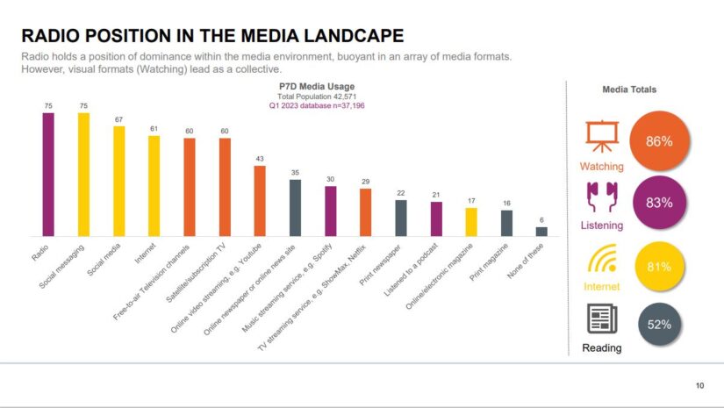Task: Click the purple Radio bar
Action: pos(48,174)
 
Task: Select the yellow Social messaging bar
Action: pos(83,174)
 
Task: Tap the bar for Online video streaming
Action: pos(260,200)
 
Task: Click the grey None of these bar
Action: pos(541,231)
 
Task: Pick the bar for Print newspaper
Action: pos(400,218)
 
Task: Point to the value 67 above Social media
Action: pos(118,118)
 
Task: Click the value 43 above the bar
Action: pos(260,158)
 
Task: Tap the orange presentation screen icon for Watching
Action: pos(602,136)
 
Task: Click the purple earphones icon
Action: pos(602,197)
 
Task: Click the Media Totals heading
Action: pos(629,89)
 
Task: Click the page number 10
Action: pos(699,385)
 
